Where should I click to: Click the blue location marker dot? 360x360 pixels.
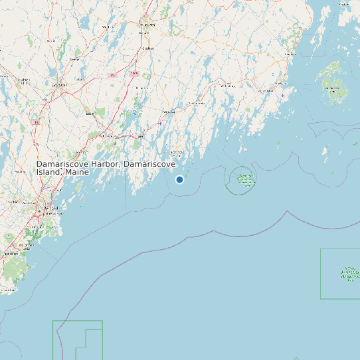pos(179,179)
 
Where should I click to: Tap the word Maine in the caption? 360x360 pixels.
pos(76,171)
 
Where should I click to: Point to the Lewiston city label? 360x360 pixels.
pos(59,85)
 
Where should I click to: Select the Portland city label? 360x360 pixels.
pos(46,207)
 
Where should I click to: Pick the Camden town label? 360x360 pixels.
pos(290,53)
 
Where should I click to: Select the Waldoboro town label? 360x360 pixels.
pos(197,104)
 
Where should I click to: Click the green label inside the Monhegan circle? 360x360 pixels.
pos(246,179)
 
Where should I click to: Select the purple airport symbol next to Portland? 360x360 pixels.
pos(39,212)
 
